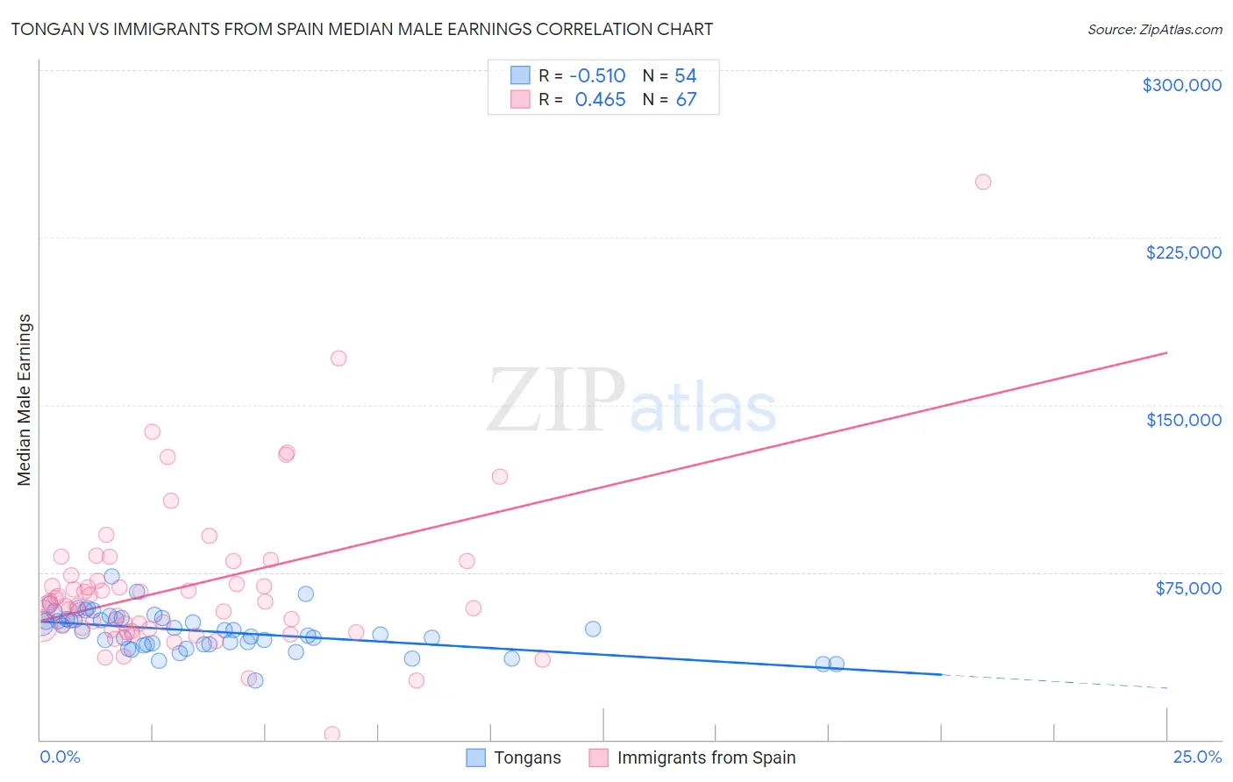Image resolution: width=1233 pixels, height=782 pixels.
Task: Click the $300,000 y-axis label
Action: [x=1181, y=85]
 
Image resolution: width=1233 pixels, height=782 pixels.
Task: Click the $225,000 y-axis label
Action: [x=1183, y=252]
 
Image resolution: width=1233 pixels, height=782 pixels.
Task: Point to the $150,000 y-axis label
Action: [x=1183, y=420]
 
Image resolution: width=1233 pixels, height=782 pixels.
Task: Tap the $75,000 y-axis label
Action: [x=1188, y=588]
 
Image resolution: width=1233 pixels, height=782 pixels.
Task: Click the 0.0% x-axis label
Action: [x=60, y=757]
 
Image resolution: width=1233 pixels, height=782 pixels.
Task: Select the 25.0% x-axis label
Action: [x=1197, y=757]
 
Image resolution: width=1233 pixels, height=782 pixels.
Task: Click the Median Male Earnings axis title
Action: [x=25, y=400]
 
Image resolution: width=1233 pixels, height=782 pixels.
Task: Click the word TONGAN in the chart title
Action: [x=45, y=29]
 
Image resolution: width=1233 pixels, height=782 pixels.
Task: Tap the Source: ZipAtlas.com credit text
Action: [x=1154, y=29]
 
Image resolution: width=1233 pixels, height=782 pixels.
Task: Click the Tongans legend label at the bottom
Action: [x=527, y=757]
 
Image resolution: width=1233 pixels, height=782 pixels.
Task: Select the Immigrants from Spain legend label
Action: [x=706, y=757]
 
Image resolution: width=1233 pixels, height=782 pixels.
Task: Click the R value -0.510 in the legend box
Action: [x=597, y=75]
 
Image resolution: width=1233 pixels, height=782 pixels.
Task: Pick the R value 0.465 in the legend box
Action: [x=600, y=100]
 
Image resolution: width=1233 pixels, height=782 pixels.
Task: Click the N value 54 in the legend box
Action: [x=685, y=75]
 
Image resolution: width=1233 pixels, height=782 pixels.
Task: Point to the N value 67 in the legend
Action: [x=686, y=100]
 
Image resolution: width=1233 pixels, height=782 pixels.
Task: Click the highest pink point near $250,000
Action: [x=983, y=182]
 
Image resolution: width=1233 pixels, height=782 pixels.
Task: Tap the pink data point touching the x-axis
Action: [x=332, y=734]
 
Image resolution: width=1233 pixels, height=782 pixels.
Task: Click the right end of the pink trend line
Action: [x=1165, y=352]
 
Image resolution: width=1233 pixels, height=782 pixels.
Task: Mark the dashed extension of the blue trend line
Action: [x=1052, y=681]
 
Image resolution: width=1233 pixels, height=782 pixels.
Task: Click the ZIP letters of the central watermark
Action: [x=556, y=400]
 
